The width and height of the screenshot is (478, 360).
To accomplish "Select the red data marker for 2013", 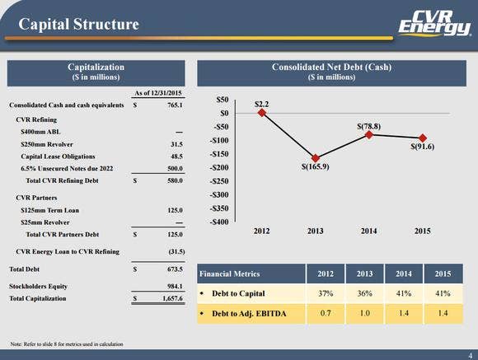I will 315,157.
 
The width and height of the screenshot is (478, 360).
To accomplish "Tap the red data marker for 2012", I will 261,113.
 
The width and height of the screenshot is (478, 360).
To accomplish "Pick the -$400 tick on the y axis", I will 218,222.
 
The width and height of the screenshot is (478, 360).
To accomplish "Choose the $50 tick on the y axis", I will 222,100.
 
